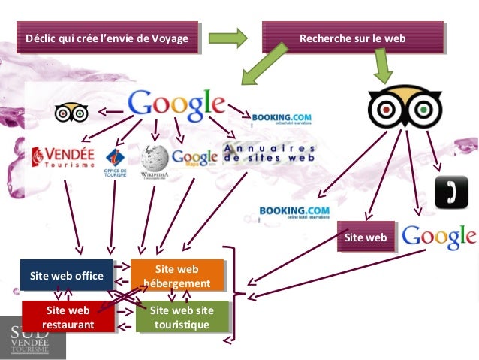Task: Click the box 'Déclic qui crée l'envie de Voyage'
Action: click(107, 38)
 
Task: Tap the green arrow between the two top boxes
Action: click(228, 38)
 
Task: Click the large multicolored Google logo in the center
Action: click(177, 106)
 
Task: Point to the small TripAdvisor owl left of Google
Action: click(72, 113)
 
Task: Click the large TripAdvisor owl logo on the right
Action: click(404, 108)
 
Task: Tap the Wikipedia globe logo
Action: click(154, 159)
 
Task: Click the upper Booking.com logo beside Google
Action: click(281, 119)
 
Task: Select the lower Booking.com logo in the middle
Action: click(294, 213)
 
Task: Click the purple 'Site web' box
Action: click(366, 237)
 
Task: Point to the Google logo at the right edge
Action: click(439, 237)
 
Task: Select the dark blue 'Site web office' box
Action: click(66, 276)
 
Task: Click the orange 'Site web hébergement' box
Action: click(177, 276)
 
